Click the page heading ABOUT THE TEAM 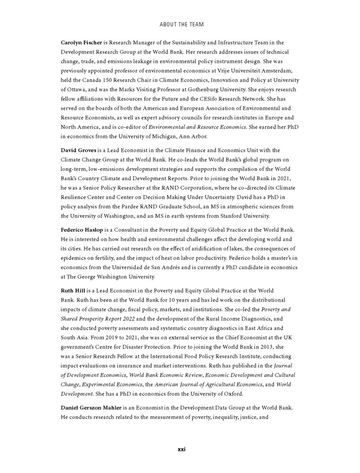(182, 24)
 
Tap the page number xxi (182, 449)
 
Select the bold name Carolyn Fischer (81, 43)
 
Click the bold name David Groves (78, 150)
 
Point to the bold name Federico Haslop (82, 230)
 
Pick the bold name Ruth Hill (73, 291)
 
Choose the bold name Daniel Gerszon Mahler (91, 408)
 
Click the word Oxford (231, 394)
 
